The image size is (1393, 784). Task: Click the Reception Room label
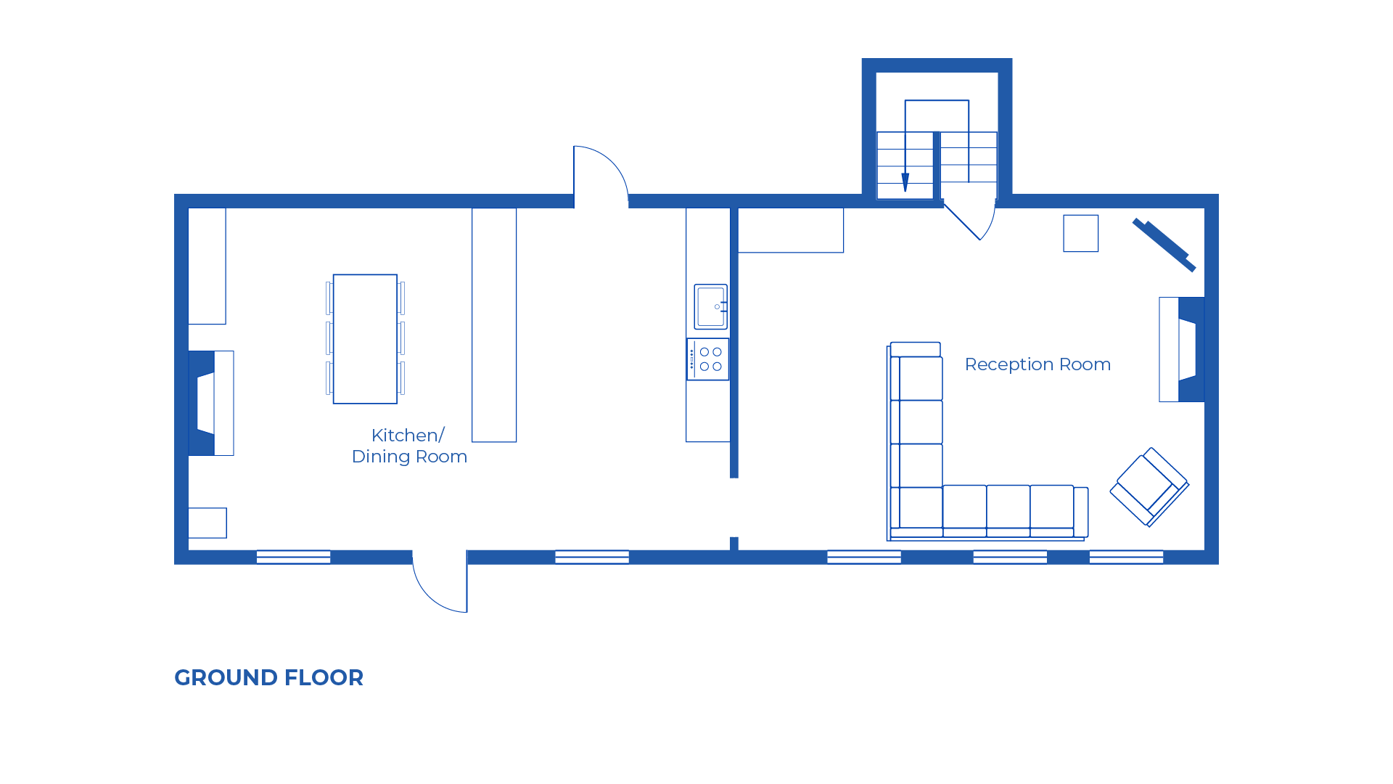[x=1037, y=364]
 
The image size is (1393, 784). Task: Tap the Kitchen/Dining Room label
[x=409, y=446]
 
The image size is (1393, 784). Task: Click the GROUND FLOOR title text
[x=268, y=677]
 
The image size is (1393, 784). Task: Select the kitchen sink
[x=710, y=306]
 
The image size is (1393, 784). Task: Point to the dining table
[x=365, y=338]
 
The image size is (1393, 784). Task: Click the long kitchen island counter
[x=494, y=324]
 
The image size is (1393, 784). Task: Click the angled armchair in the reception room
[x=1149, y=486]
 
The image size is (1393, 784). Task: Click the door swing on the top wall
[x=600, y=174]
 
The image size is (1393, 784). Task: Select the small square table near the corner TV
[x=1080, y=233]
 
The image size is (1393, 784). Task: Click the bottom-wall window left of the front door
[x=294, y=557]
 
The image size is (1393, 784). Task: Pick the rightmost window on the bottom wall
[x=1126, y=557]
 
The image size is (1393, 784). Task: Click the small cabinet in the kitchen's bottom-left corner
[x=207, y=523]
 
